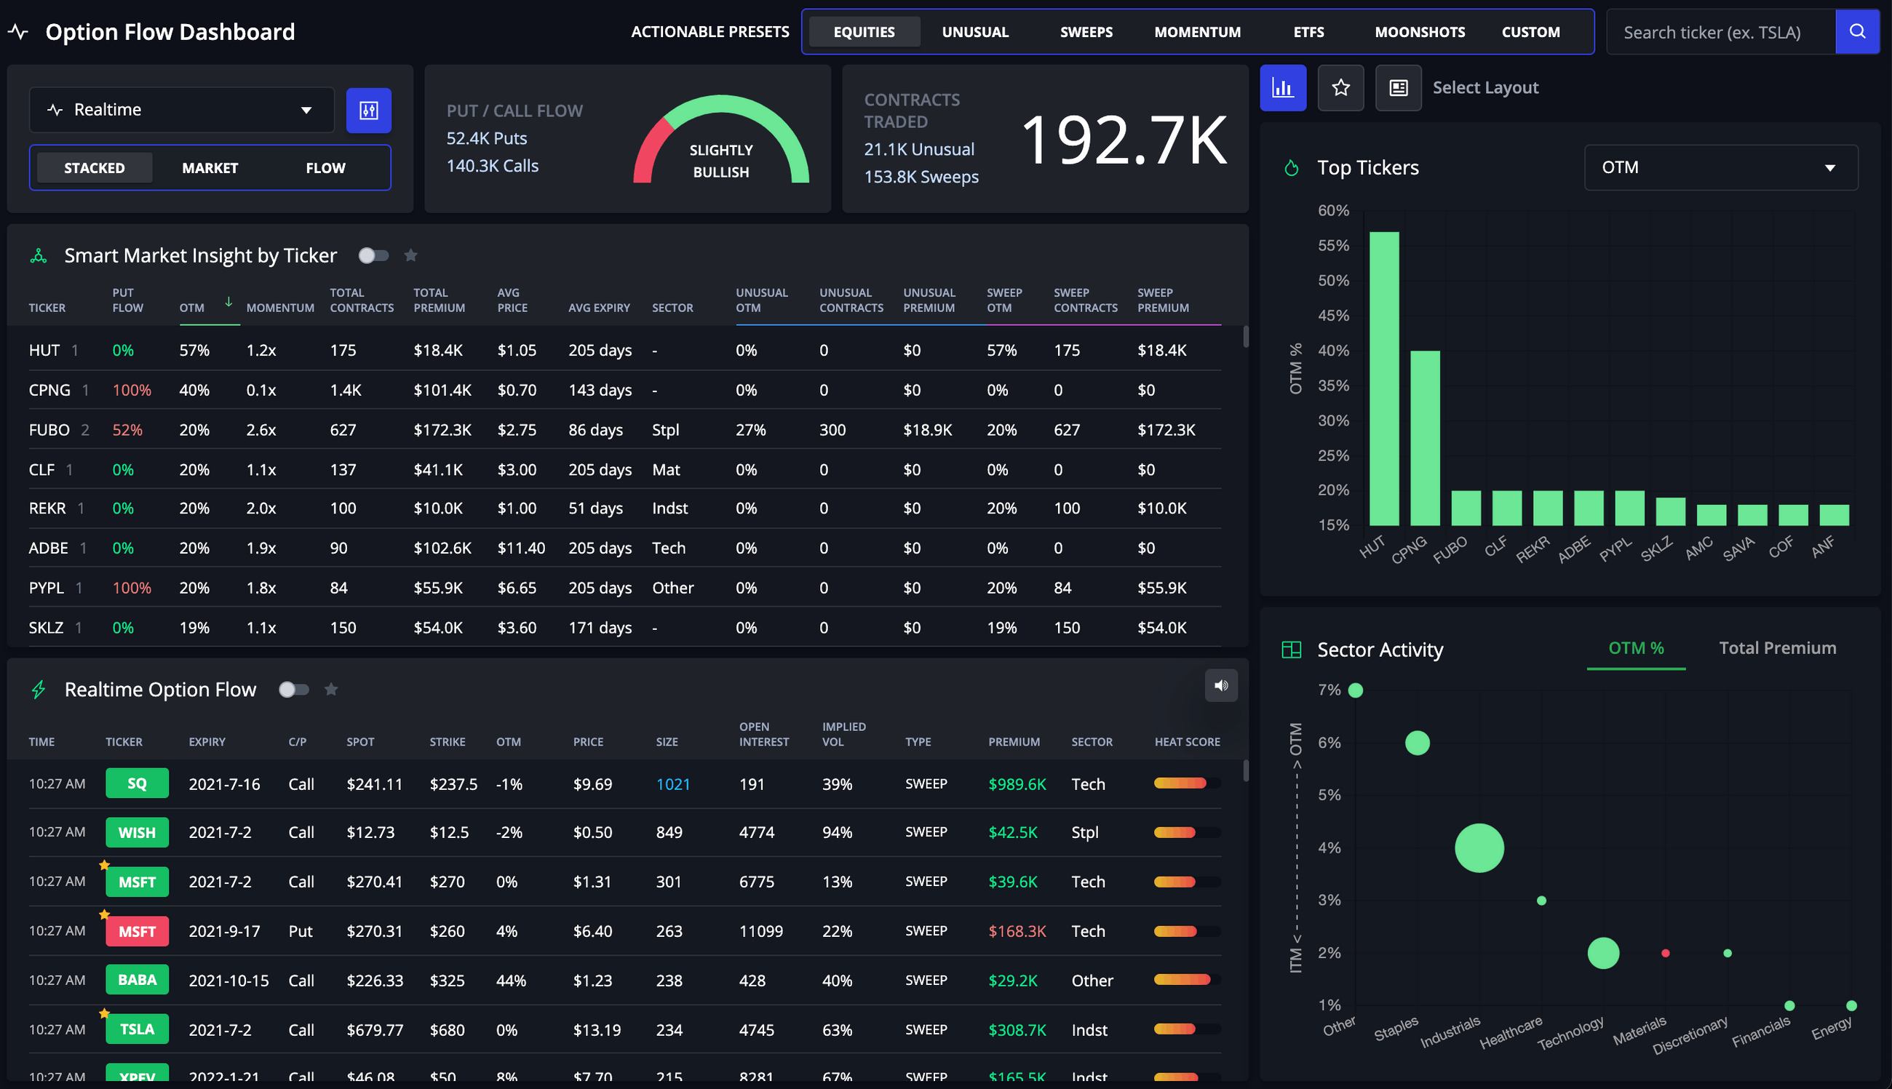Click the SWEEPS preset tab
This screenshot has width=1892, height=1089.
1086,32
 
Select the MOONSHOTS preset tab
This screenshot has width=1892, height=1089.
1419,32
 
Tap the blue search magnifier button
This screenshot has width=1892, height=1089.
1857,31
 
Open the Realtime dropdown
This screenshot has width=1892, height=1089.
181,110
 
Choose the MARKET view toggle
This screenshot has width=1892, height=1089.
210,168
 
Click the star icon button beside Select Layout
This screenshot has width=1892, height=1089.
1340,88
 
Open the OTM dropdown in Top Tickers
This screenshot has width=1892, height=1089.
1720,167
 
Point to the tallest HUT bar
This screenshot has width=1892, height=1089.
1383,378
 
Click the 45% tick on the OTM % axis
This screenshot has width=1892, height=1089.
1333,316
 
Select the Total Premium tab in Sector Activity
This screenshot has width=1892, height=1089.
1777,647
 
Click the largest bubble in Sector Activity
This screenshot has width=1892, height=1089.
1478,847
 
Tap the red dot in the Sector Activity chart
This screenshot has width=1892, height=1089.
1664,953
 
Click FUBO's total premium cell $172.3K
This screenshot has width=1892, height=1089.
442,430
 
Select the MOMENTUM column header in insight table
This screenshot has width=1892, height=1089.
279,308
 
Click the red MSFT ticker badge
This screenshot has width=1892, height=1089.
137,931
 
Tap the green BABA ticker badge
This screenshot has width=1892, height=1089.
137,980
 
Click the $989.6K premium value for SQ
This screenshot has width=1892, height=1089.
1016,784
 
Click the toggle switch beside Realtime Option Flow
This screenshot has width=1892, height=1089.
293,690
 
